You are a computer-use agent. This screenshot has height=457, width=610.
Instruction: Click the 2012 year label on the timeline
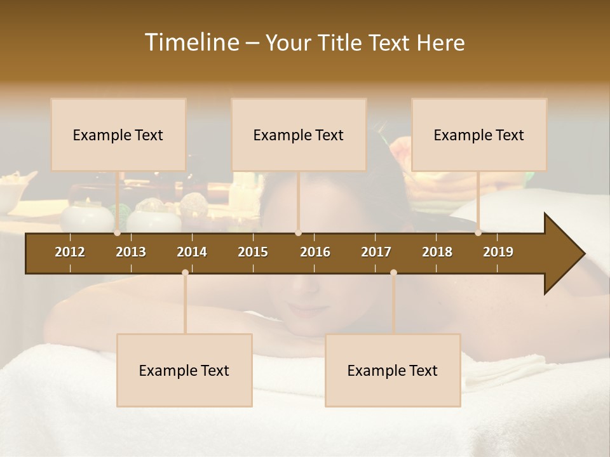70,252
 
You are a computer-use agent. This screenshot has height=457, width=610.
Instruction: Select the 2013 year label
131,252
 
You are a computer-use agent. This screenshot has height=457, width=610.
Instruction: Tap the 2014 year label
192,252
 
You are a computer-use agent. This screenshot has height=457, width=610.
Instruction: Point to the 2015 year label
253,252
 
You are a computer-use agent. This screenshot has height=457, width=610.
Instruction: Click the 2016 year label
315,252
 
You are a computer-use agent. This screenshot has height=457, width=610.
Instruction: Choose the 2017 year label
376,252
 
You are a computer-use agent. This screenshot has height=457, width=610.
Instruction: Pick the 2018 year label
437,252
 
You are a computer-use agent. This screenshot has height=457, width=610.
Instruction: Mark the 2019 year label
498,252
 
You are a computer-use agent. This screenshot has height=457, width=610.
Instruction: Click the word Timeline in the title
191,43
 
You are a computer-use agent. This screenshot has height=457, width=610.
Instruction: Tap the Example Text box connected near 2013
118,135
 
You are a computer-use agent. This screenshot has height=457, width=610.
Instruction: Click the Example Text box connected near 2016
299,135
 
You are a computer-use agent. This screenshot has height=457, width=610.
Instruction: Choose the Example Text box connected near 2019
479,135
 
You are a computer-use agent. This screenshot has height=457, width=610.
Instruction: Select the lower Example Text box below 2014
184,370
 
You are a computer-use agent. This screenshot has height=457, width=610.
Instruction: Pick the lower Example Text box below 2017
393,370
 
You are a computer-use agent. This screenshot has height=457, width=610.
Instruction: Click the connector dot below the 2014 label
185,272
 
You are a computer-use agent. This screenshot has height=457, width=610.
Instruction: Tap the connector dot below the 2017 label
393,272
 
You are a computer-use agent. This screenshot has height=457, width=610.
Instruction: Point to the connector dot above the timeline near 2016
298,233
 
